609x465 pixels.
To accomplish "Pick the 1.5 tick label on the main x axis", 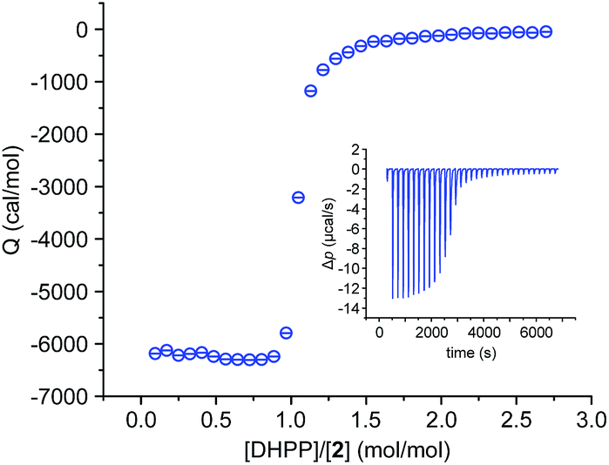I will [365, 420].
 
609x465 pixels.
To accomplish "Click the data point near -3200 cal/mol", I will [298, 198].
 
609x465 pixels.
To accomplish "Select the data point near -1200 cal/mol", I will [310, 91].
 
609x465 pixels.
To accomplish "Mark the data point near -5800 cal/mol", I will [286, 333].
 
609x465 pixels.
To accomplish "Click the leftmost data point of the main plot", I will [155, 353].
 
